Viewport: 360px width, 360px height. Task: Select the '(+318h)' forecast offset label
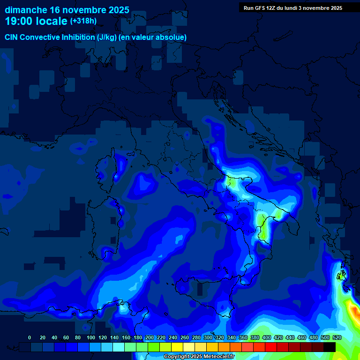(84, 21)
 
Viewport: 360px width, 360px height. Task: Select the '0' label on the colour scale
(30, 337)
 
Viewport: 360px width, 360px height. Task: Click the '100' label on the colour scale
(91, 337)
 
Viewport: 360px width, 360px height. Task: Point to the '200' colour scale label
(150, 337)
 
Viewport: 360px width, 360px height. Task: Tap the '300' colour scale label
(208, 337)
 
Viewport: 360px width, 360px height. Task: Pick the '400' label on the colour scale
(267, 337)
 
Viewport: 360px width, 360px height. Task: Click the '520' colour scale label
(337, 337)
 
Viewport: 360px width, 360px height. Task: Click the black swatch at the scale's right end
(330, 347)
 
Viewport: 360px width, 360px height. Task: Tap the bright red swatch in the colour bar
(271, 347)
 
